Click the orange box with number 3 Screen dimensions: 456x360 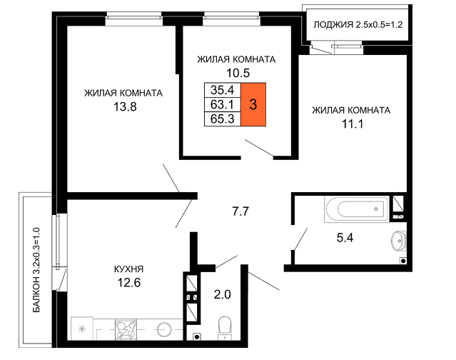tap(253, 104)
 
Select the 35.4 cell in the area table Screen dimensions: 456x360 tap(223, 90)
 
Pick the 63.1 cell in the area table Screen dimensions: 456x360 tap(223, 104)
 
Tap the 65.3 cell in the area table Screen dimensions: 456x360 tap(223, 119)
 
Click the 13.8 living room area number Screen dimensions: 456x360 tap(125, 107)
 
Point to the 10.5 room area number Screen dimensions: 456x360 tap(238, 73)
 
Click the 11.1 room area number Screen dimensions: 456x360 tap(353, 124)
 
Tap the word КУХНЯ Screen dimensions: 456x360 tap(129, 269)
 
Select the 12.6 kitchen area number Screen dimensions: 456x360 tap(129, 282)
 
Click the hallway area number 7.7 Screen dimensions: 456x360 tap(240, 211)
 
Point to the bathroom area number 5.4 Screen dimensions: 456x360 tap(345, 238)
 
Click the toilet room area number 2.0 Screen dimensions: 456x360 tap(223, 294)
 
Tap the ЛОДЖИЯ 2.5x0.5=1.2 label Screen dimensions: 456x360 tap(358, 25)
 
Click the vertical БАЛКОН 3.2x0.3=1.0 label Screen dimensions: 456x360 tap(36, 270)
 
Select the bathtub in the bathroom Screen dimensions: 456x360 tap(357, 209)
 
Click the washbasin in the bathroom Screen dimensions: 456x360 tap(399, 241)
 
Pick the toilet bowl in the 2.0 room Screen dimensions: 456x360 tap(224, 329)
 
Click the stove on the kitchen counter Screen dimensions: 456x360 tap(126, 329)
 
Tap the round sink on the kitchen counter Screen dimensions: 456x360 tap(163, 330)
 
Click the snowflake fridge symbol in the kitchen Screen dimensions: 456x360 tap(82, 329)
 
